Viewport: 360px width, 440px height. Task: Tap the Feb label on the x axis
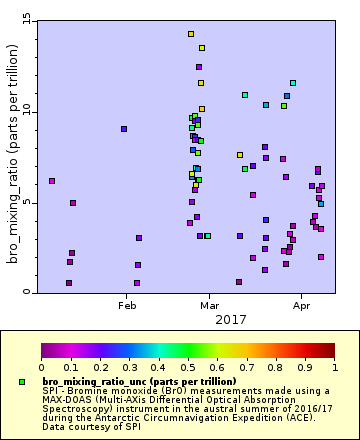coord(126,304)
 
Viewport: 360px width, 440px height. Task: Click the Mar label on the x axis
coord(210,304)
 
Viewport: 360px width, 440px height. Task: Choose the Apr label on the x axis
coord(300,304)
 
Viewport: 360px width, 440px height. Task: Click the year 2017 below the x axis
coord(231,319)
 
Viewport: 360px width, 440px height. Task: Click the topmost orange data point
coord(191,34)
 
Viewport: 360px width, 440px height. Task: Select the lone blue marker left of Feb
coord(124,129)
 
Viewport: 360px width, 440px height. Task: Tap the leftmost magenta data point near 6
coord(52,181)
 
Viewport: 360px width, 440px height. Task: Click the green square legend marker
coord(22,382)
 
